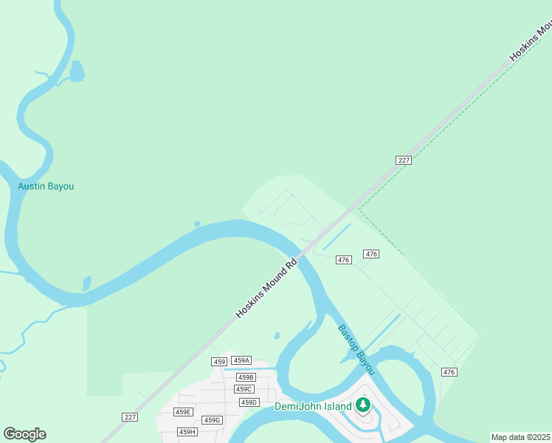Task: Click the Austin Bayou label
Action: pyautogui.click(x=46, y=186)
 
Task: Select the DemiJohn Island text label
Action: pyautogui.click(x=313, y=405)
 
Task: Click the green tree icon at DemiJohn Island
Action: pyautogui.click(x=362, y=405)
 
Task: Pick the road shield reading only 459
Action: pyautogui.click(x=218, y=361)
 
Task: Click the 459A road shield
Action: pyautogui.click(x=241, y=360)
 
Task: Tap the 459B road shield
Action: pyautogui.click(x=246, y=377)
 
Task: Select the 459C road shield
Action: pyautogui.click(x=244, y=389)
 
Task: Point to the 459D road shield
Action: pyautogui.click(x=249, y=402)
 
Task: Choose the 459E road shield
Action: pyautogui.click(x=183, y=412)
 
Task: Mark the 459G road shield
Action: pyautogui.click(x=213, y=420)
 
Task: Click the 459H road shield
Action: pyautogui.click(x=187, y=432)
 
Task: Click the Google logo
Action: pyautogui.click(x=24, y=434)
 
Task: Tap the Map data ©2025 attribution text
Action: pyautogui.click(x=520, y=437)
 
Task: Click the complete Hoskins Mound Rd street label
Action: pyautogui.click(x=266, y=287)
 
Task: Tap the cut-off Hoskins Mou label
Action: pyautogui.click(x=530, y=42)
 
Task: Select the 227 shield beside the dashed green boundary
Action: pyautogui.click(x=403, y=160)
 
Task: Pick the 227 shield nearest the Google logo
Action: pyautogui.click(x=130, y=417)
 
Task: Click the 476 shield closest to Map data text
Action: pyautogui.click(x=449, y=371)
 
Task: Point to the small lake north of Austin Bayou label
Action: pyautogui.click(x=77, y=72)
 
